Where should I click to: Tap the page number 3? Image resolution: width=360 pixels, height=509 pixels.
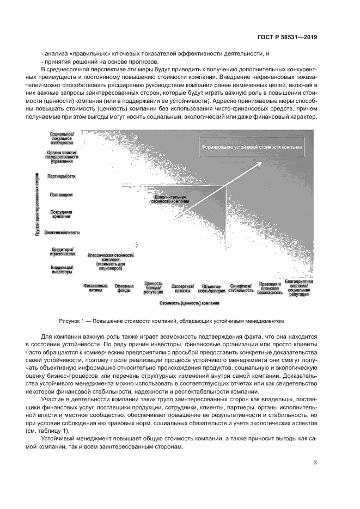coord(315,464)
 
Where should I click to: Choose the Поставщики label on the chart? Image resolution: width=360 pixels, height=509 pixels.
coord(61,194)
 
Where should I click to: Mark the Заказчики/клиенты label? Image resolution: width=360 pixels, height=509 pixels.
coord(62,232)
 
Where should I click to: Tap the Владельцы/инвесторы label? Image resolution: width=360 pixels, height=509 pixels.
coord(62,270)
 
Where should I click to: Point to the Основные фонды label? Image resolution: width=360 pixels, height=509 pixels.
coord(124,288)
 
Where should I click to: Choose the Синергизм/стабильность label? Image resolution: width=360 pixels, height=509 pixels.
coord(241,288)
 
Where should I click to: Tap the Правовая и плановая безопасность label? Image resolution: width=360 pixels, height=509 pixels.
coord(270,288)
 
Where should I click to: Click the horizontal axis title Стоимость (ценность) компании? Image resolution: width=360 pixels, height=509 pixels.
coord(189,303)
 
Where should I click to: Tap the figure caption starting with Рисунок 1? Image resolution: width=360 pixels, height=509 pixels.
coord(179,320)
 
